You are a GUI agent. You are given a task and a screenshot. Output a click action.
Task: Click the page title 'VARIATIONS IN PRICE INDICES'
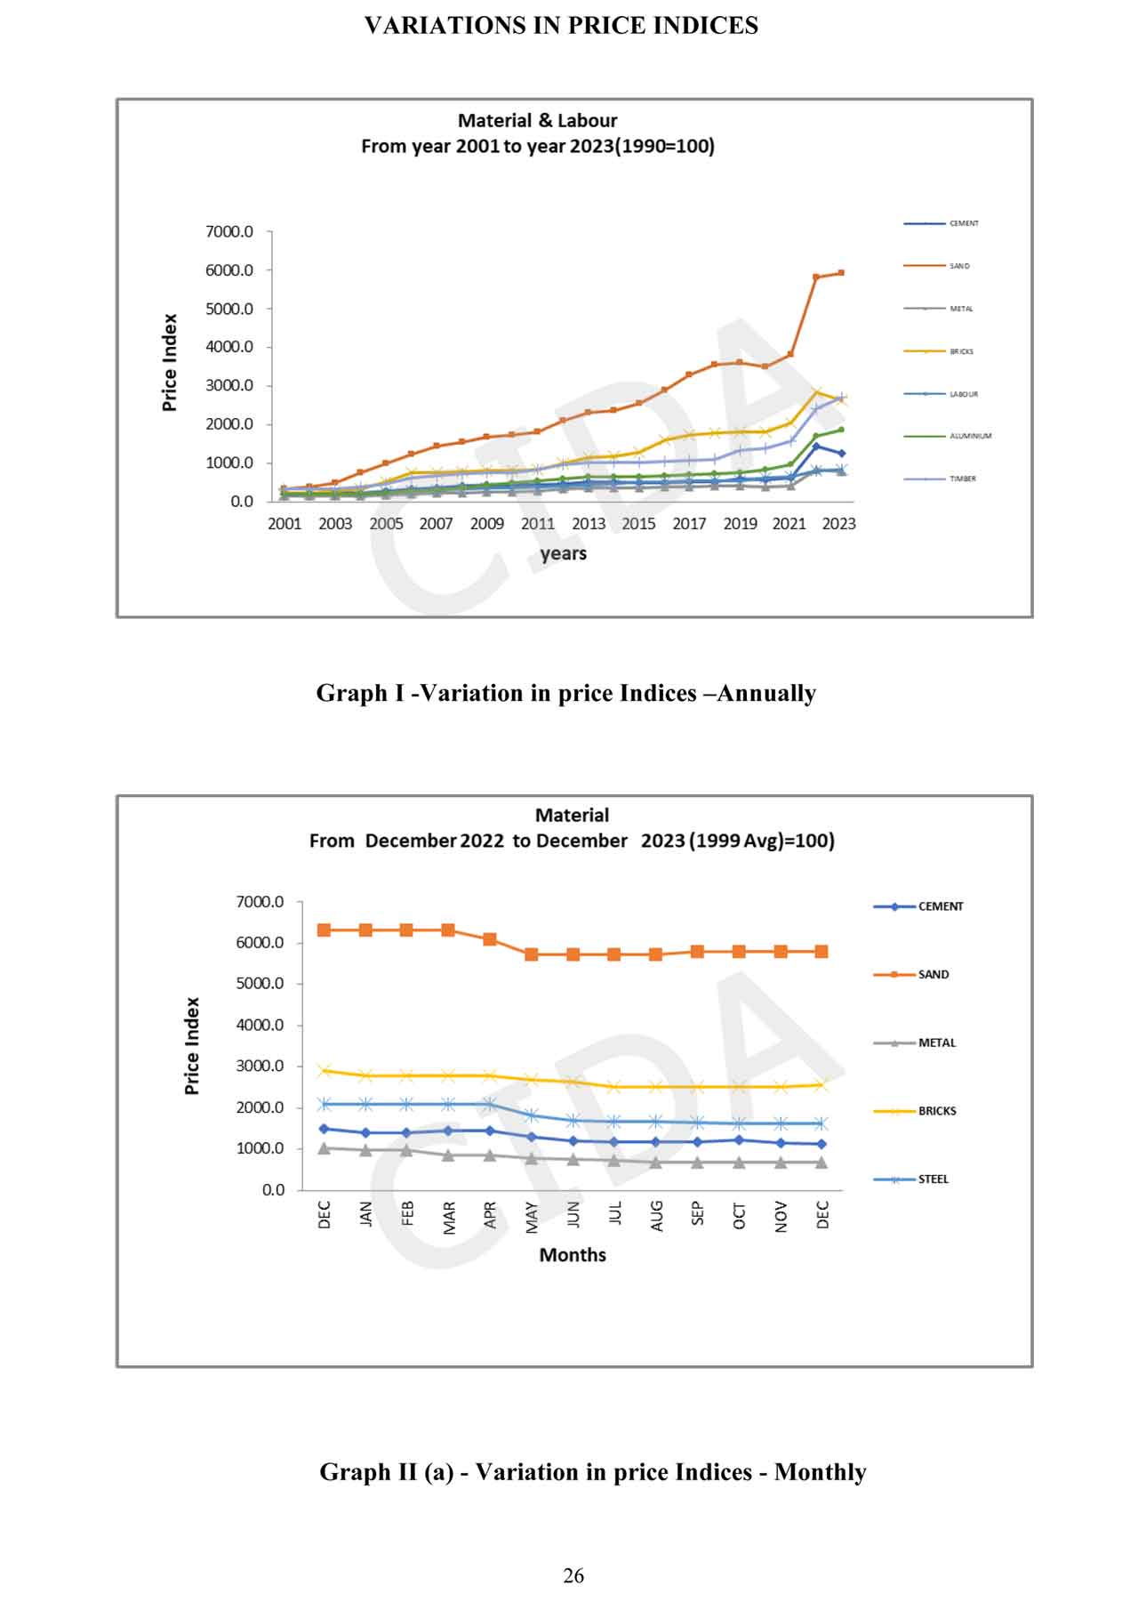561,26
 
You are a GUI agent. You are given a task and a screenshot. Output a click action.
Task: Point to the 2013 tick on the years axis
588,524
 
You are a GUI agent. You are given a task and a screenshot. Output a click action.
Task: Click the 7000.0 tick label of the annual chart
229,231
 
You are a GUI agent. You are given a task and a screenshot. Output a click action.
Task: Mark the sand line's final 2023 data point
840,273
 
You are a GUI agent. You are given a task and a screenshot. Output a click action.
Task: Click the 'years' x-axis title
563,553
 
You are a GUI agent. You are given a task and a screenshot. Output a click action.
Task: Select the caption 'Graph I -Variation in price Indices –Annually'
565,693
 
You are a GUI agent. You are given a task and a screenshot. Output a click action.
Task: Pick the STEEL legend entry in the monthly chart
933,1179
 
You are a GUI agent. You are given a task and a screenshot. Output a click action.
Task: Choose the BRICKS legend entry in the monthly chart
936,1111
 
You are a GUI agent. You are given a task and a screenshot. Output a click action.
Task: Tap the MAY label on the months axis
532,1217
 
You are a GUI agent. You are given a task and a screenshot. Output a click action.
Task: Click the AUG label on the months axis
657,1216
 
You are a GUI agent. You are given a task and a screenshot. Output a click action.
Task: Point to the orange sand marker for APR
490,939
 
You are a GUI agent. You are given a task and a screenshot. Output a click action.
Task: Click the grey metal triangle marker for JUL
614,1161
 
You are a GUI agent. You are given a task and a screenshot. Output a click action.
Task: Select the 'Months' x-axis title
573,1255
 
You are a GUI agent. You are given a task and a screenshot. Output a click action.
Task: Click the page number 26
573,1575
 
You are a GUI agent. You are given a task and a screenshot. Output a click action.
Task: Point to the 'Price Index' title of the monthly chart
192,1045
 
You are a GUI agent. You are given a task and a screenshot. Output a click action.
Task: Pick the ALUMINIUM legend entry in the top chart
970,436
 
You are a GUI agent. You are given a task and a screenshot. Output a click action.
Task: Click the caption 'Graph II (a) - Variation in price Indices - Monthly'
592,1472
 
